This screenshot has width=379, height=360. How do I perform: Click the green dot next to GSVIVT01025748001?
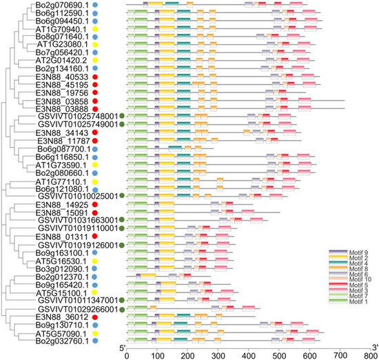pos(121,117)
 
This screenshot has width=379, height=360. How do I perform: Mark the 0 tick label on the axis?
pos(127,354)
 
